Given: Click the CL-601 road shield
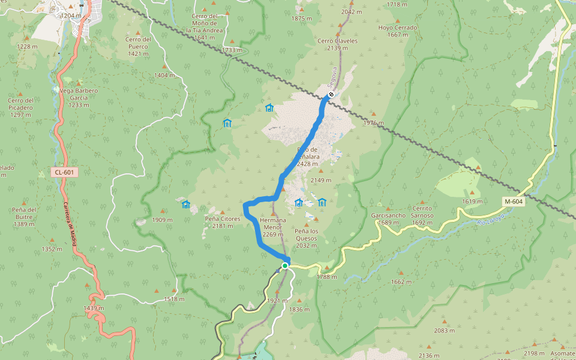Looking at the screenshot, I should pos(64,173).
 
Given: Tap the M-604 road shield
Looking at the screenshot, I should pos(514,202).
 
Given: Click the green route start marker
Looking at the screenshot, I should pos(285,265).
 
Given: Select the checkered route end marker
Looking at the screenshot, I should pos(331,95).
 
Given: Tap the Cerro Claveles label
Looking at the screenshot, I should pos(337,44).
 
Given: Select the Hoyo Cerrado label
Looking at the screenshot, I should pos(398,31).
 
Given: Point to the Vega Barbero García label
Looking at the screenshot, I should pos(79,94).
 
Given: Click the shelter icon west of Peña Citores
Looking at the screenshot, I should pos(186,205).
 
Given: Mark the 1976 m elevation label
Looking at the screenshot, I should pos(373,123).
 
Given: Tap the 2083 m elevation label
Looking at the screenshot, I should pos(444,331).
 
